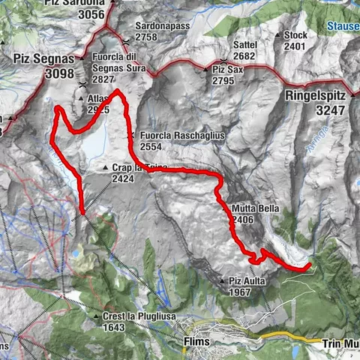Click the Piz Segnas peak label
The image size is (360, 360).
43,57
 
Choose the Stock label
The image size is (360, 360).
295,34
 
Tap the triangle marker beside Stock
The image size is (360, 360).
277,34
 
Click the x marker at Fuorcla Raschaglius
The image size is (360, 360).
132,135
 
